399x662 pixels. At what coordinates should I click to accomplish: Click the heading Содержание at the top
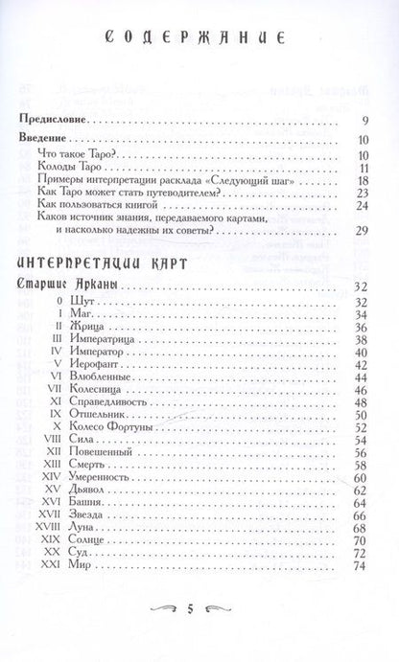pyautogui.click(x=199, y=41)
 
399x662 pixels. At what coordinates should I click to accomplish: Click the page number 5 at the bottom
pyautogui.click(x=199, y=634)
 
